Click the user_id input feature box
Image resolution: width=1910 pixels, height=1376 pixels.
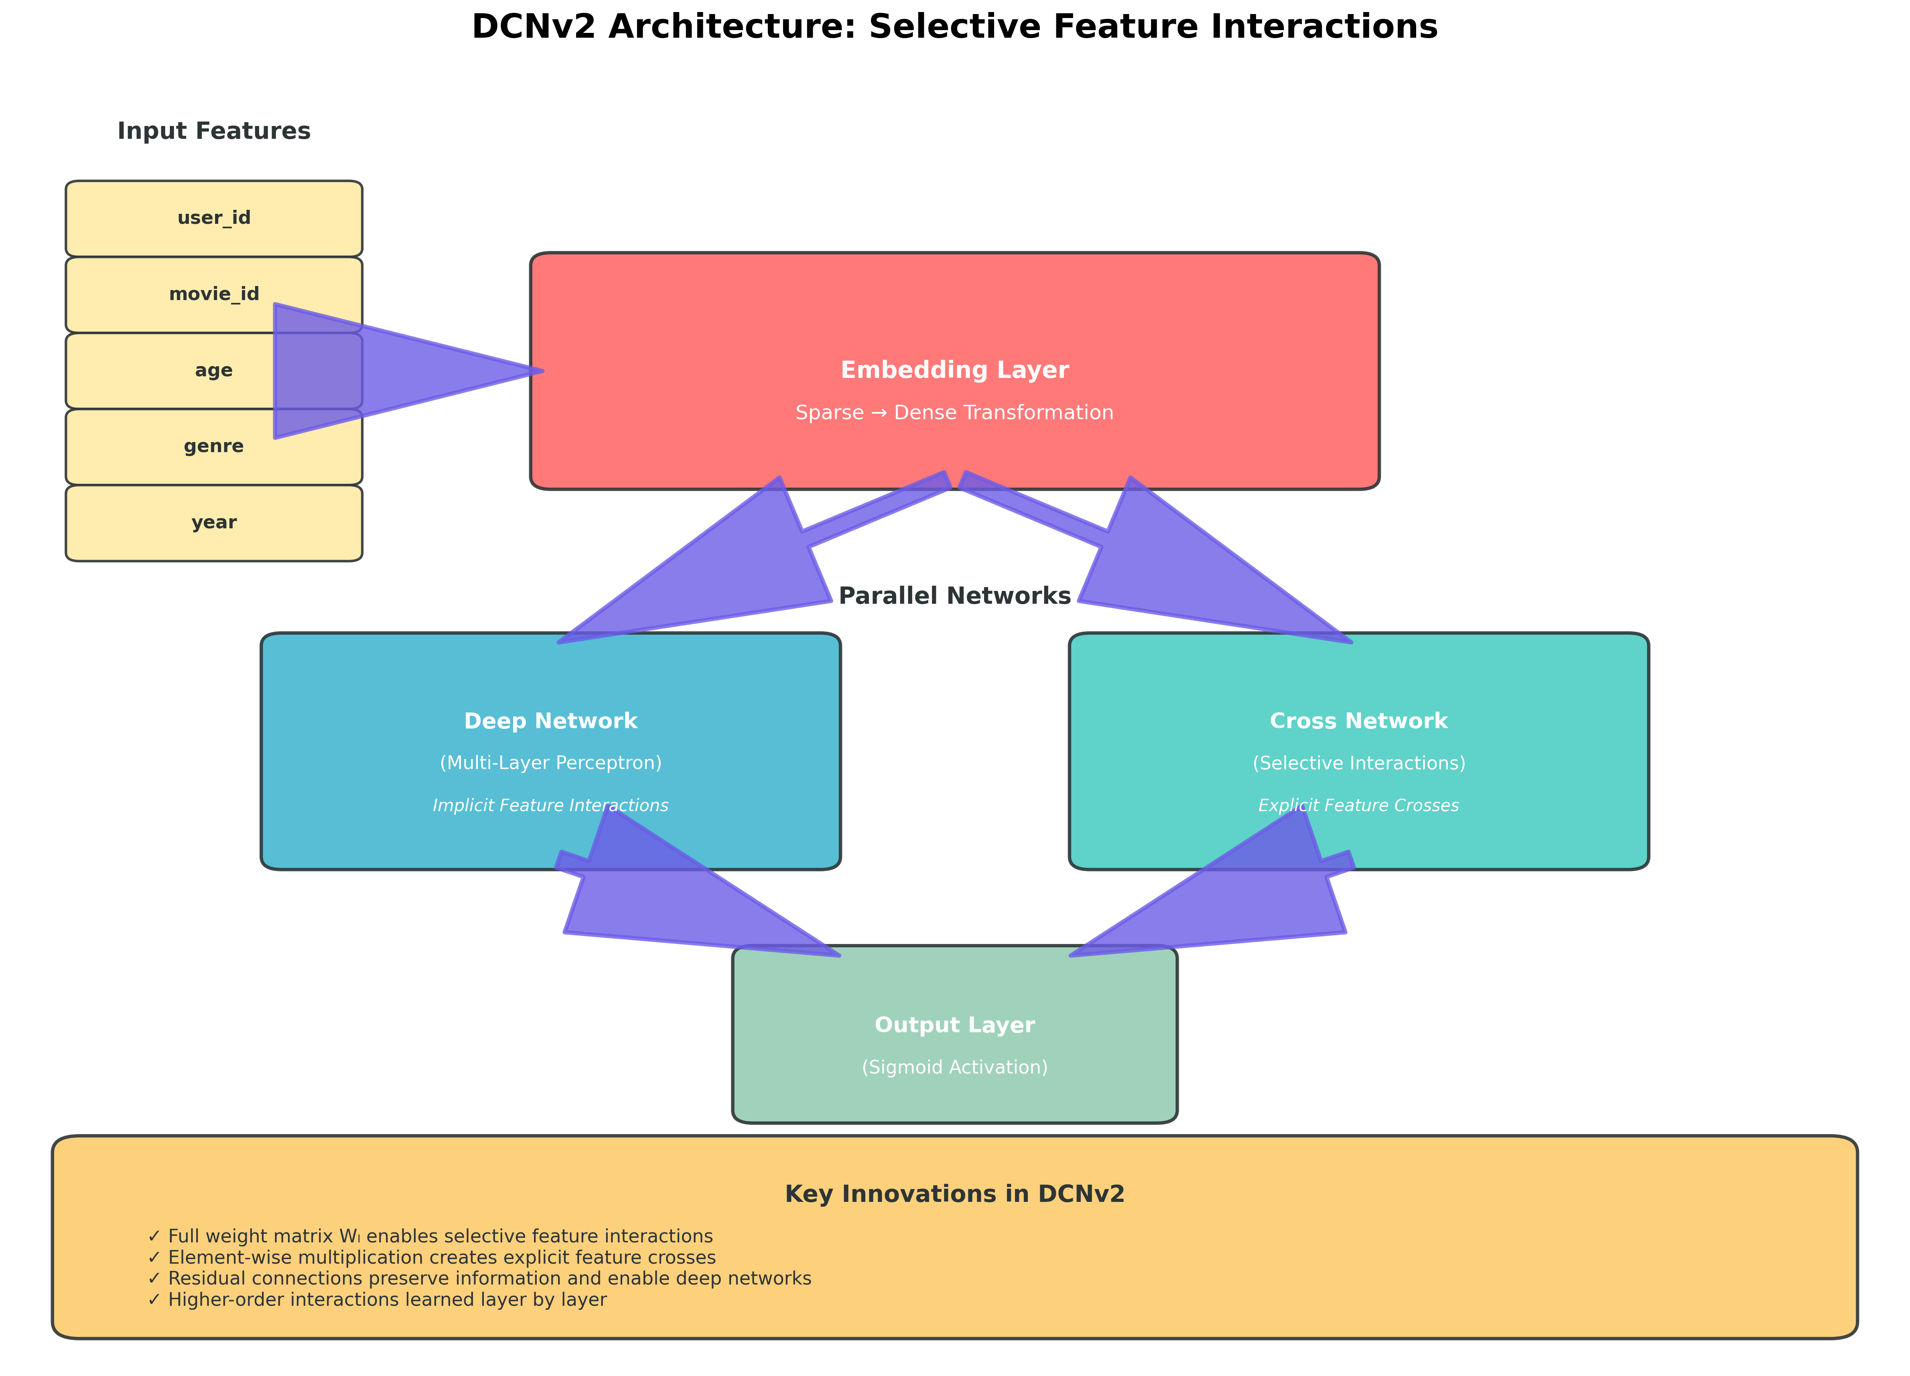pos(214,218)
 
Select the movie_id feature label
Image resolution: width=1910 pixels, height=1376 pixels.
pos(214,294)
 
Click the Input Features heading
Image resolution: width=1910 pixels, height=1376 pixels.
pos(214,131)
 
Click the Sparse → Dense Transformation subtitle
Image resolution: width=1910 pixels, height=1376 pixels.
pos(954,413)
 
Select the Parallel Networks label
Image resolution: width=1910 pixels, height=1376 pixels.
pos(954,596)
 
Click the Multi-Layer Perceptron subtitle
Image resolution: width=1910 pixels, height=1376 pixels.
pos(551,763)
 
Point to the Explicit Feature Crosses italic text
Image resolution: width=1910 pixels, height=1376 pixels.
pos(1358,806)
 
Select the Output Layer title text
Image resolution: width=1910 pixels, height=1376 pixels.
pos(954,1025)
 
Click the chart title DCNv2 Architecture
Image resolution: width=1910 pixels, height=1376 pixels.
pos(954,27)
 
